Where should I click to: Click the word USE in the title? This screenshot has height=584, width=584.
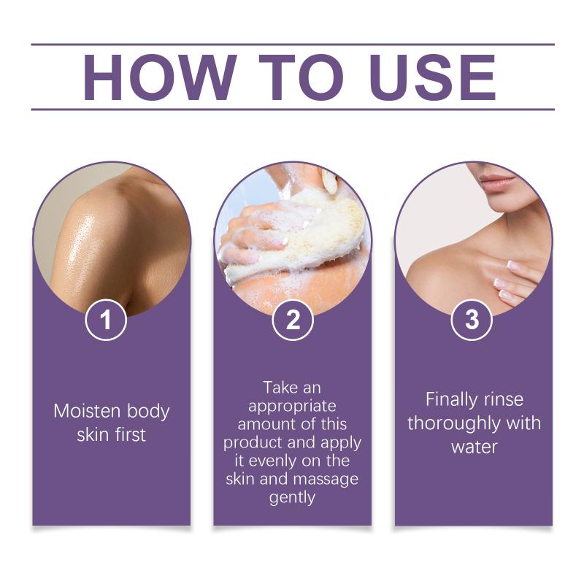[x=433, y=77]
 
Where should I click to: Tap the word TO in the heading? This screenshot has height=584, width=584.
[x=300, y=77]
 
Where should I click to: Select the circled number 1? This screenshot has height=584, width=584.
[x=106, y=320]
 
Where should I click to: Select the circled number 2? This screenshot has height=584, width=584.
[x=293, y=320]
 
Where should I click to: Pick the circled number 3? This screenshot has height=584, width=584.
[x=472, y=320]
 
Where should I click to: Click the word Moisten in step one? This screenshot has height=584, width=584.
[x=88, y=411]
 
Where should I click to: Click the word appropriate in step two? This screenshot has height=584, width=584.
[x=293, y=407]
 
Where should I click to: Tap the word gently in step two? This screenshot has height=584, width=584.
[x=293, y=498]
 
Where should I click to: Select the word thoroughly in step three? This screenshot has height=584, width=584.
[x=453, y=423]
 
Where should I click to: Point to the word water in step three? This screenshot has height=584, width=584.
[x=474, y=447]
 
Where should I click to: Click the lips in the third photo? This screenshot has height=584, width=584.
[x=497, y=182]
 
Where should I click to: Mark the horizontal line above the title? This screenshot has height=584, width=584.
[x=293, y=45]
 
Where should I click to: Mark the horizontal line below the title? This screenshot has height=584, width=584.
[x=293, y=109]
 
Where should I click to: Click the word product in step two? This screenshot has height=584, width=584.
[x=253, y=443]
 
